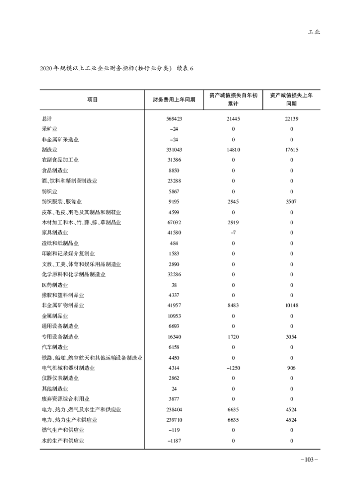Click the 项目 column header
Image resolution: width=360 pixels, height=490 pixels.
coord(92,100)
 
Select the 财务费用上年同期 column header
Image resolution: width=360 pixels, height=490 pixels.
coord(173,100)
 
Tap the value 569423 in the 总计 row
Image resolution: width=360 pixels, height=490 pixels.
coord(173,119)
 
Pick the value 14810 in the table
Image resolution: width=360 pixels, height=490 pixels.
coord(233,150)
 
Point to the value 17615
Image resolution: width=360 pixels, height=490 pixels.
coord(292,150)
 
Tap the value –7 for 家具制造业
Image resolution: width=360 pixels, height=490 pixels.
coord(233,233)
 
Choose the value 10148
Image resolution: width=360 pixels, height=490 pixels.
coord(292,305)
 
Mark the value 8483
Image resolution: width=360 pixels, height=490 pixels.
coord(233,305)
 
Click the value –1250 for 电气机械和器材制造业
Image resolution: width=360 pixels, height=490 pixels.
coord(233,367)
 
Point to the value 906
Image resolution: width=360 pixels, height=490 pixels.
coord(292,367)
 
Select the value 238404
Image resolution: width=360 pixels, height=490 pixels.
coord(173,409)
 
